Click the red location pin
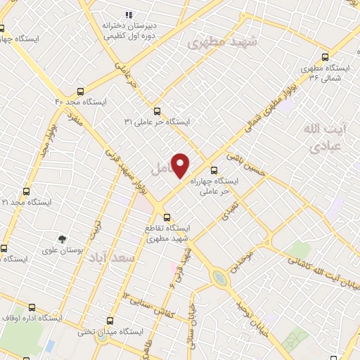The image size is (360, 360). [x=181, y=165]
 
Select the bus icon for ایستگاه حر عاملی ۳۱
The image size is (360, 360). [x=157, y=110]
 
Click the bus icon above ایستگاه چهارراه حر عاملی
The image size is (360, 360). [x=214, y=169]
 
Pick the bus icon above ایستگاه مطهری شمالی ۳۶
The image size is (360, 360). [x=324, y=58]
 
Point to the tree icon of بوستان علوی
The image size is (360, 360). [x=62, y=239]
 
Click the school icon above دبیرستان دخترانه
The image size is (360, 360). [x=129, y=14]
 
